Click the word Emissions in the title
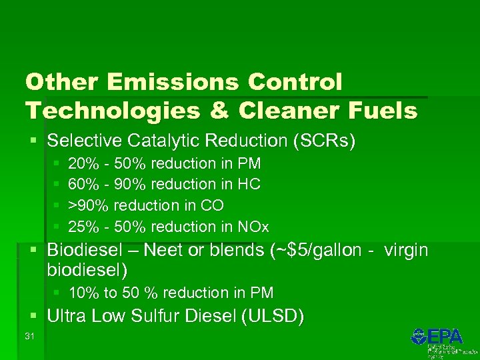(x=177, y=82)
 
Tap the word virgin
(x=405, y=251)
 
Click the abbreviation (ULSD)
(x=273, y=316)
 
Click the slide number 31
(x=29, y=336)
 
